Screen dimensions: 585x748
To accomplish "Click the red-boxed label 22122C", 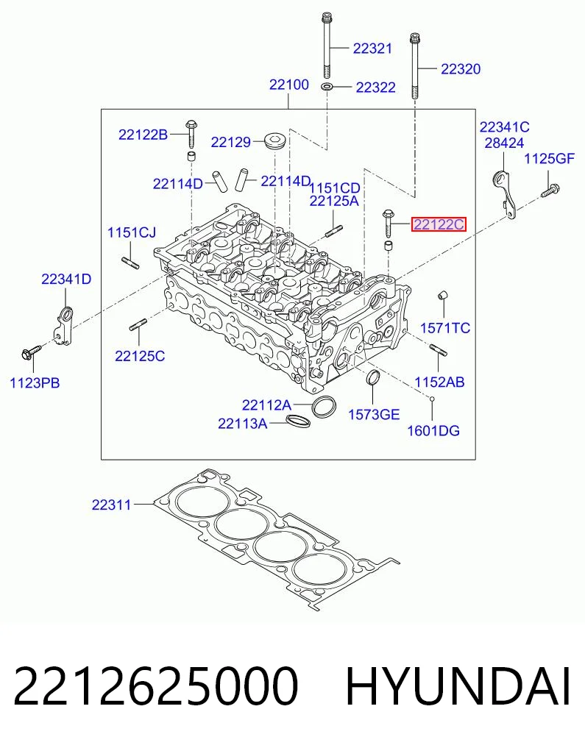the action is (439, 224).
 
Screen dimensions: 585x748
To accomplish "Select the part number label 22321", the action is (372, 49).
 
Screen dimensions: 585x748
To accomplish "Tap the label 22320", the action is (461, 69).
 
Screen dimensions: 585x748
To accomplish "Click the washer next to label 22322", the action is (327, 87).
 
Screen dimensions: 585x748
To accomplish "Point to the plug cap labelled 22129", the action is (275, 140).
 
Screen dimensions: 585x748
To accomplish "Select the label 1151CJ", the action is (132, 233).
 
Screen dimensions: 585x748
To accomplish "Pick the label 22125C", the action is (140, 356).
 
